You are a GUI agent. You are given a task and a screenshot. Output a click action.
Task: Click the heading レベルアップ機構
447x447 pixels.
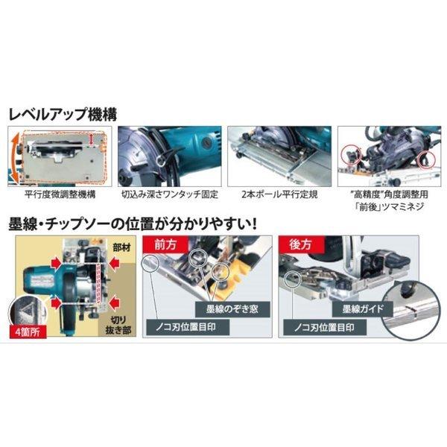click(x=63, y=115)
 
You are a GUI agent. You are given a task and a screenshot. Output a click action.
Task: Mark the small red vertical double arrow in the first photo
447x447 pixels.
click(x=90, y=140)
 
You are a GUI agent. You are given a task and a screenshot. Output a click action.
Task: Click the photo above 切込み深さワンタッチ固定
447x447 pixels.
click(x=168, y=155)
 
